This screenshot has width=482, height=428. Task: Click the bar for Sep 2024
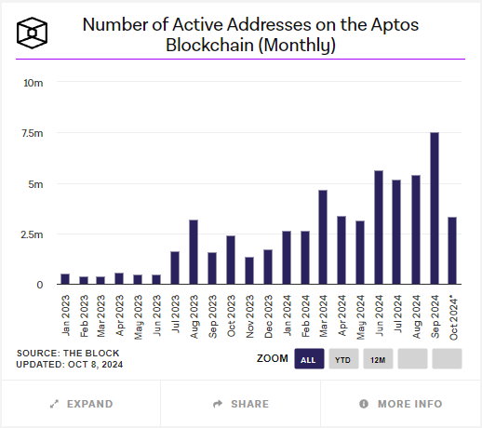(x=435, y=208)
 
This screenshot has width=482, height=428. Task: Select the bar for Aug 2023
(x=194, y=252)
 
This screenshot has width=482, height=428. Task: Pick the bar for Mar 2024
(x=323, y=237)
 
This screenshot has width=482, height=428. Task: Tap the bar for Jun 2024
(x=379, y=227)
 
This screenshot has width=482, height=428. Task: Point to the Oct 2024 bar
(x=452, y=250)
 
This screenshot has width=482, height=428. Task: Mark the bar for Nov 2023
(x=249, y=271)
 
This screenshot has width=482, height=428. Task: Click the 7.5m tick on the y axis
(x=33, y=133)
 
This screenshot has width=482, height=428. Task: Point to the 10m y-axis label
(x=33, y=83)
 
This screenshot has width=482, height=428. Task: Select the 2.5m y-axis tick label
(x=32, y=234)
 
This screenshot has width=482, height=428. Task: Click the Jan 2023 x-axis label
(x=65, y=315)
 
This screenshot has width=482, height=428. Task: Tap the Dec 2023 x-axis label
(x=268, y=316)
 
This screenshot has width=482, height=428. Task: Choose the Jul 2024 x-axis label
(x=397, y=314)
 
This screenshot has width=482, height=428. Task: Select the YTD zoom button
(x=343, y=359)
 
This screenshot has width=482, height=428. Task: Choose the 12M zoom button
(x=378, y=359)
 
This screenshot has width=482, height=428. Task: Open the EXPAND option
(x=81, y=404)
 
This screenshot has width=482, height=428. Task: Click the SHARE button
(x=241, y=404)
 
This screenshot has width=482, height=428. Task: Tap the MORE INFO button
(x=401, y=404)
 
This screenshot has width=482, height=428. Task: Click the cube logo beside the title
(x=32, y=33)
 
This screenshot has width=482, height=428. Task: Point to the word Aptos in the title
(x=395, y=25)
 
